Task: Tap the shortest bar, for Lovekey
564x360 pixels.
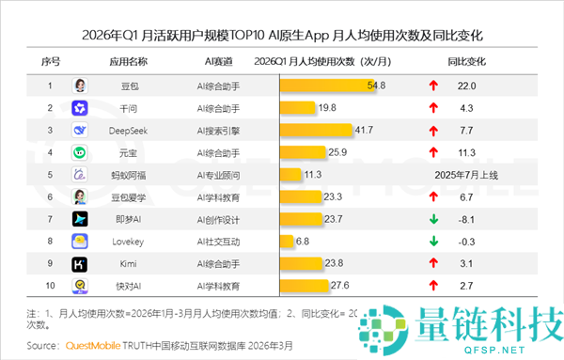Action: point(287,241)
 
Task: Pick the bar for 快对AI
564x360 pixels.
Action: point(304,285)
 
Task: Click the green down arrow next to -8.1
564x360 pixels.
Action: point(433,219)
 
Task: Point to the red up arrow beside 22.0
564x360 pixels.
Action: point(433,86)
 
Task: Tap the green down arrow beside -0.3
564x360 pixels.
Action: point(433,241)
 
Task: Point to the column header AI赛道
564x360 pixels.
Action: point(218,62)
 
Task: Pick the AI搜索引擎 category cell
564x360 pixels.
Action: point(218,130)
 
